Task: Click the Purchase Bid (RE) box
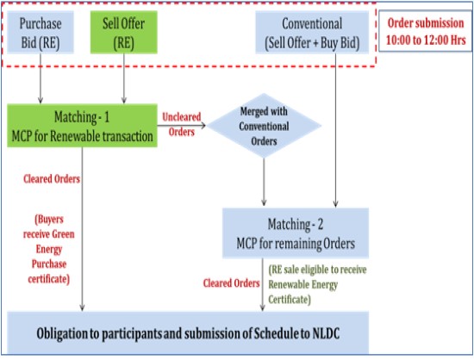(x=41, y=33)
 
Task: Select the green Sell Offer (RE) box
(x=124, y=33)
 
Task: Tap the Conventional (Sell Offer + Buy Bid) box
(x=312, y=33)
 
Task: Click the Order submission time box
(x=426, y=31)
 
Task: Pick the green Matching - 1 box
(x=82, y=126)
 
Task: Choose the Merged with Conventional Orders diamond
(x=264, y=126)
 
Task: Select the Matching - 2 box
(x=296, y=233)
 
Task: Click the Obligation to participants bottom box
(x=188, y=332)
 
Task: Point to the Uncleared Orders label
(x=181, y=124)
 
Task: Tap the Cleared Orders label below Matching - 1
(x=52, y=179)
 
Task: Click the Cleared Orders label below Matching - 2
(x=231, y=283)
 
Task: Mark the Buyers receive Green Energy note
(x=49, y=249)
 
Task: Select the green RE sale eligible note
(x=317, y=284)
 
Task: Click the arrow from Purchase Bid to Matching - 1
(x=41, y=78)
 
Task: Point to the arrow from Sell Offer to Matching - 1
(x=123, y=78)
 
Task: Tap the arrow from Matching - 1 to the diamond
(x=181, y=126)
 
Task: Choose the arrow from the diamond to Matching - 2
(x=264, y=182)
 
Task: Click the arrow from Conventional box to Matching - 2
(x=335, y=130)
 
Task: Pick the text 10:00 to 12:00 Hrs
(x=426, y=40)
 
